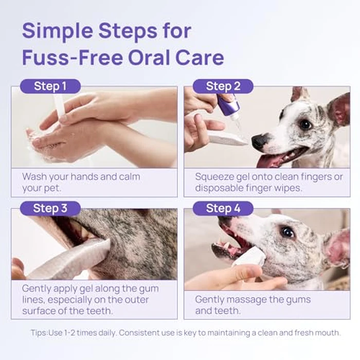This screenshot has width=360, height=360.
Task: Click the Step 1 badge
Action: pos(50,86)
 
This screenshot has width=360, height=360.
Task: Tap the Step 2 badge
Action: pos(223,86)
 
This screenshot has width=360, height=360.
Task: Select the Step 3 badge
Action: pos(50,208)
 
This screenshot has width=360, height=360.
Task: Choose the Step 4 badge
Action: pos(223,208)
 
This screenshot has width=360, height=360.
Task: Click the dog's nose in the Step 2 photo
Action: pos(260,140)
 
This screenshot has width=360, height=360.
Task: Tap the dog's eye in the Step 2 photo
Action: pos(305,124)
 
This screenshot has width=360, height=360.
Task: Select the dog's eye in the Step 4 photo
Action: pos(286,232)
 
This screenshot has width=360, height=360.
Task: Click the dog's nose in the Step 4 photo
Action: pos(224,221)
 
